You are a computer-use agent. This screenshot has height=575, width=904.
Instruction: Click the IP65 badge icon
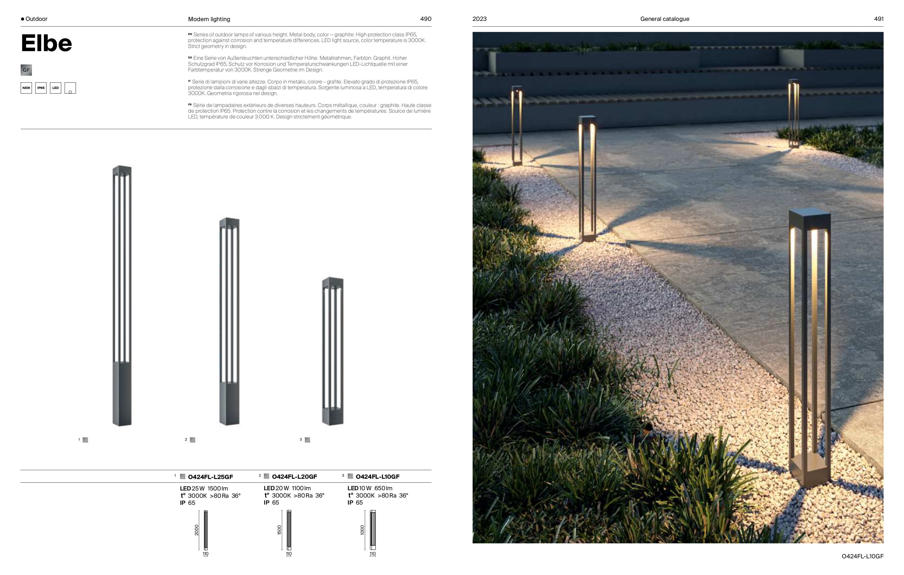[x=41, y=88]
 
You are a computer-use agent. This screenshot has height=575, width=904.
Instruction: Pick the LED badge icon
[x=56, y=88]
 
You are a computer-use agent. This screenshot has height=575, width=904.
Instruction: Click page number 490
[x=426, y=19]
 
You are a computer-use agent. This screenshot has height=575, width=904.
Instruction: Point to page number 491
[x=878, y=19]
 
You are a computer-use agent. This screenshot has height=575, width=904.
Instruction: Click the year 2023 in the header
[x=479, y=19]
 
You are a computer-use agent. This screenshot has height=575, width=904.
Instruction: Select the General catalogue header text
[x=664, y=19]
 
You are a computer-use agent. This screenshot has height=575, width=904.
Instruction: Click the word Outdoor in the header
[x=37, y=19]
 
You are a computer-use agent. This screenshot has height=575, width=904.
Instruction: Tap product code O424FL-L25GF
[x=210, y=477]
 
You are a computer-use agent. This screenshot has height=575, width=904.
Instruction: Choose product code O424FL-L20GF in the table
[x=294, y=477]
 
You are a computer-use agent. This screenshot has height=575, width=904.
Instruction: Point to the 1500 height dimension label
[x=279, y=530]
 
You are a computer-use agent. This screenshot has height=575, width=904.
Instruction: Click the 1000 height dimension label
[x=362, y=530]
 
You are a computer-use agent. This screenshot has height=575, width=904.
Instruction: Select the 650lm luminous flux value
[x=383, y=488]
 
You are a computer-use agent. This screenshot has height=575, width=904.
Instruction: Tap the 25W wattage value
[x=198, y=488]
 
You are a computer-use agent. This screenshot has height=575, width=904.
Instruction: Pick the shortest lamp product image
[x=333, y=351]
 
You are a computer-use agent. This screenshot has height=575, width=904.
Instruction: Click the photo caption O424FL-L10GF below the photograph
[x=862, y=556]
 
